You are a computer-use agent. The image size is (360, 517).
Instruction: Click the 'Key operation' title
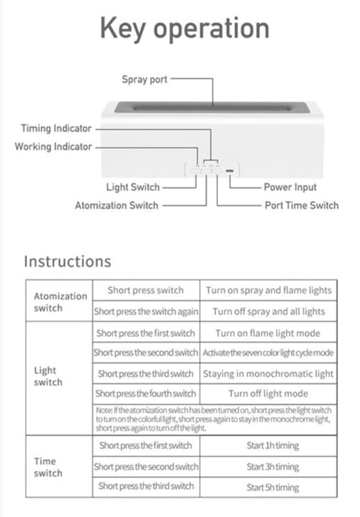pos(185,29)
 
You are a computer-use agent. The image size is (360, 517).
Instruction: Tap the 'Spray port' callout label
pos(144,80)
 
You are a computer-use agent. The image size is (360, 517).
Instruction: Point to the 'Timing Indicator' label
pos(56,128)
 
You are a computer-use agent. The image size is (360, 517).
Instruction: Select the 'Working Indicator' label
pos(53,147)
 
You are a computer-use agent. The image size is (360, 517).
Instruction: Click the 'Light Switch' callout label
pos(133,187)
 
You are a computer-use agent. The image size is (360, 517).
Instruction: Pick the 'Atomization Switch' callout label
pos(117,205)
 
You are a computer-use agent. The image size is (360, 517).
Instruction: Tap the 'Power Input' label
pos(290,187)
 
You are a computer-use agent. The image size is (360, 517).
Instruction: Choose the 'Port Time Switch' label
pos(301,205)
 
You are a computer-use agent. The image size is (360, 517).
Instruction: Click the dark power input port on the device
pos(230,171)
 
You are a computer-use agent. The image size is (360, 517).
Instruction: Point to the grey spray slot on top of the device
pos(212,107)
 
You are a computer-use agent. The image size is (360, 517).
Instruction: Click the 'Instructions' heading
pos(68,262)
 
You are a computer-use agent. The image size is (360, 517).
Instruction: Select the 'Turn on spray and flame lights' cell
pos(269,290)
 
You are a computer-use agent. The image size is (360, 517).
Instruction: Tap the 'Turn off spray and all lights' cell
pos(269,312)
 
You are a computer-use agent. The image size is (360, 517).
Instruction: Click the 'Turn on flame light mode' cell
pos(268,334)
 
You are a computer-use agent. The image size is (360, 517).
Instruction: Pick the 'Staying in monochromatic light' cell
pos(269,374)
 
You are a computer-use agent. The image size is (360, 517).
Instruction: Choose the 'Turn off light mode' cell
pos(269,394)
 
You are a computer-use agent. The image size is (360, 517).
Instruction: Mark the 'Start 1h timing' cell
pos(273,446)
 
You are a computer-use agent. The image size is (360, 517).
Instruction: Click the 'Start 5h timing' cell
pos(273,487)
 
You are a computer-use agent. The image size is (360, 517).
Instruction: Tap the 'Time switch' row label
pos(48,467)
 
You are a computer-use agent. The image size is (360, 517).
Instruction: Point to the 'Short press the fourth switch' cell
pos(146,394)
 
